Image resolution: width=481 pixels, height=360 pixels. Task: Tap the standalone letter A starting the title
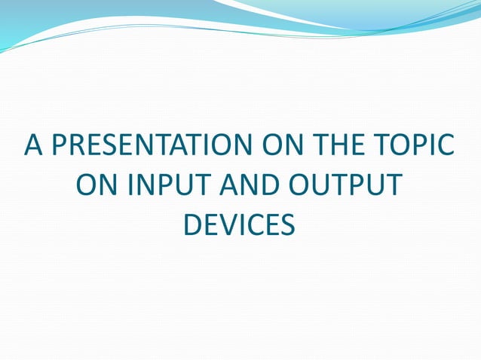click(33, 145)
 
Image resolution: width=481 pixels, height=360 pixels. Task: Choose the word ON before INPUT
click(98, 185)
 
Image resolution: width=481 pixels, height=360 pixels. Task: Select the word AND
click(252, 185)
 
